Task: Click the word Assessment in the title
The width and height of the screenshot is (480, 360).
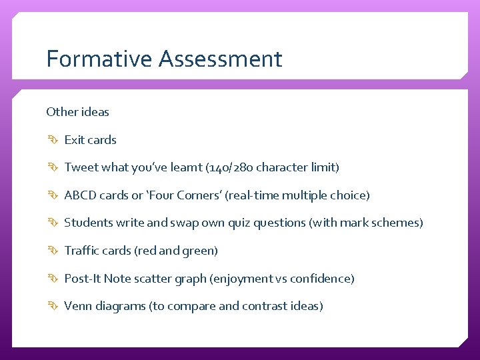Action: click(221, 59)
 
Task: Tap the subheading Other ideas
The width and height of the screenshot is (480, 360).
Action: click(77, 112)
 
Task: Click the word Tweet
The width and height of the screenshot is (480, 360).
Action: click(81, 167)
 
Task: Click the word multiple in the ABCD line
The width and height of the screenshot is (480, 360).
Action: click(308, 195)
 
